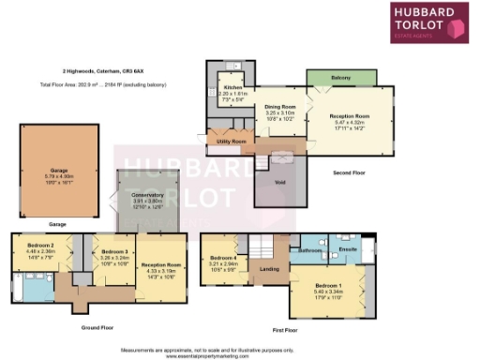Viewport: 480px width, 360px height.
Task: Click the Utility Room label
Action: (232, 142)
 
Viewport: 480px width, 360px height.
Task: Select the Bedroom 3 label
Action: (114, 251)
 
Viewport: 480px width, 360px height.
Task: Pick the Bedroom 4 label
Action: (223, 258)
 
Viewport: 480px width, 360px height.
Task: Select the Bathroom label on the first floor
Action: (310, 251)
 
